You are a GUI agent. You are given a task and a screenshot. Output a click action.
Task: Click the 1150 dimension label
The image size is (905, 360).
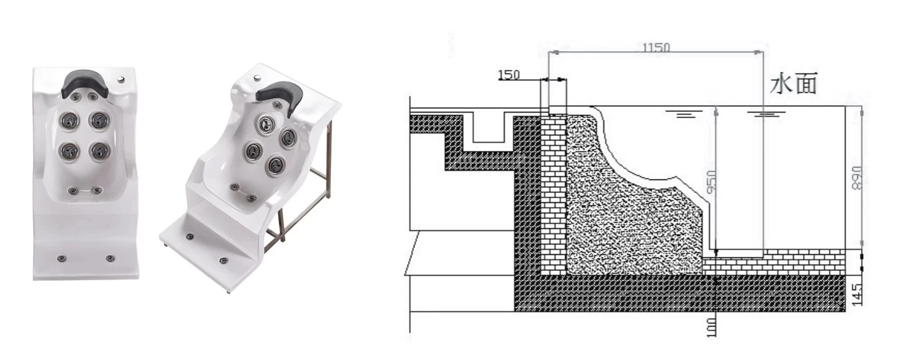coord(656,47)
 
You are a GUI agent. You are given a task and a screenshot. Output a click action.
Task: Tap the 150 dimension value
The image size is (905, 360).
coord(508,75)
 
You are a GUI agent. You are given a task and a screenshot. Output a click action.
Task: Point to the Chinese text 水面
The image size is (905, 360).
coord(793,84)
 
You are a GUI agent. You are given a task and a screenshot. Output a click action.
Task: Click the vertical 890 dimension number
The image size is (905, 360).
coord(856,178)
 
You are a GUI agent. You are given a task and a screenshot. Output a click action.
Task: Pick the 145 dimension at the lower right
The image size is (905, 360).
coord(856,294)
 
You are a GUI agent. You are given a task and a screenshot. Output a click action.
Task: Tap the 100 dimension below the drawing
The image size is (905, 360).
coord(712,327)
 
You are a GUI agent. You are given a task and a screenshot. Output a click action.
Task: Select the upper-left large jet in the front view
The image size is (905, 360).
coord(69,119)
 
